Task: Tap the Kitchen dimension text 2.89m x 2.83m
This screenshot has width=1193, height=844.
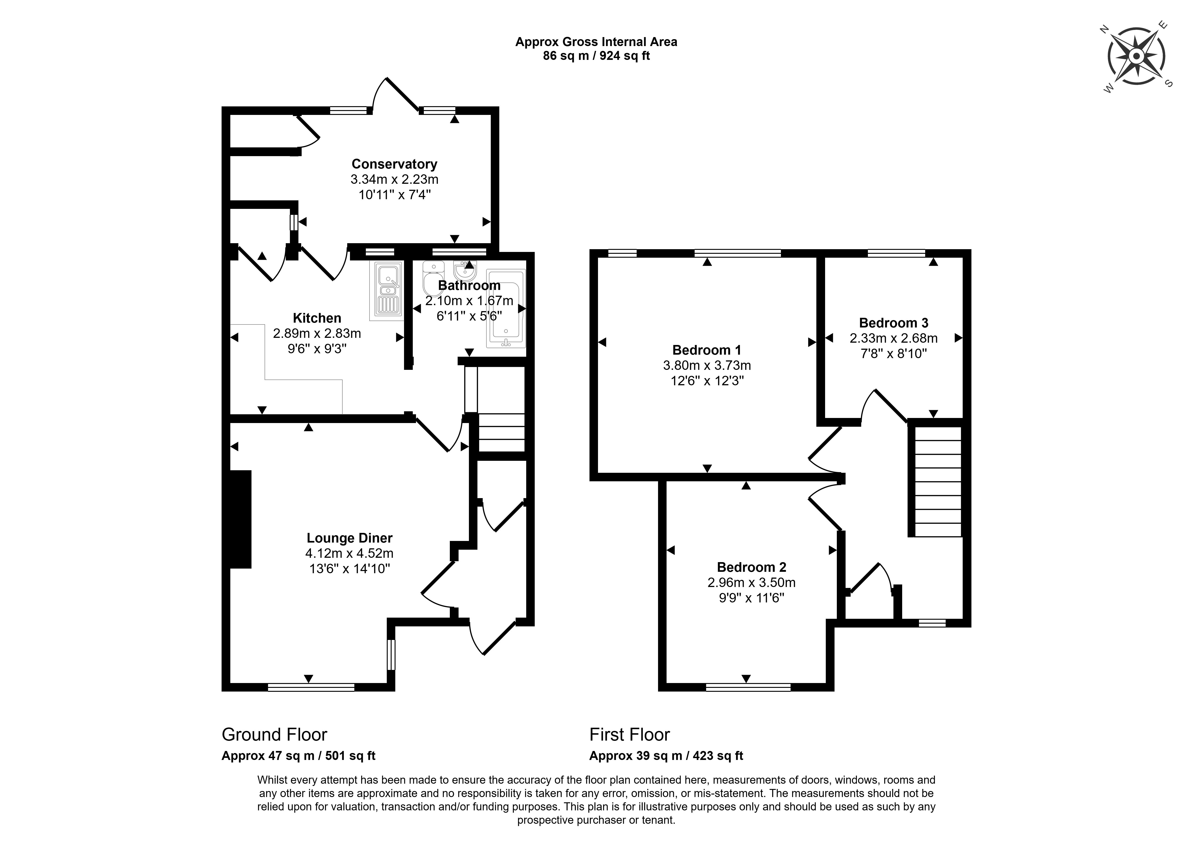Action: tap(317, 333)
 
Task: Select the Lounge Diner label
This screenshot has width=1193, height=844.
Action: tap(349, 538)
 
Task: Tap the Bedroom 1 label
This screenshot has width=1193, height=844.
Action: tap(707, 350)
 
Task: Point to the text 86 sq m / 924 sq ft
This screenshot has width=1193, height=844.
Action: tap(596, 56)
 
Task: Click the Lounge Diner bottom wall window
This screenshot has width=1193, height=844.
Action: tap(311, 687)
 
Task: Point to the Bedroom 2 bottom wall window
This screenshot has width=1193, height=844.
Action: tap(748, 687)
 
